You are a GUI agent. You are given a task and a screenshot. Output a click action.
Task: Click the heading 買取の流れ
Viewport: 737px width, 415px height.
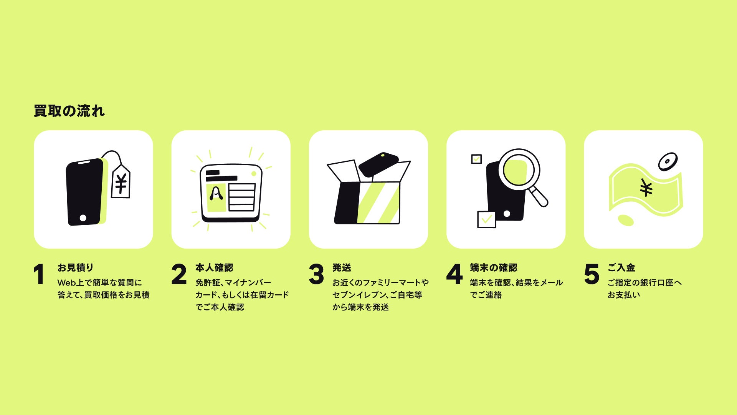pyautogui.click(x=69, y=111)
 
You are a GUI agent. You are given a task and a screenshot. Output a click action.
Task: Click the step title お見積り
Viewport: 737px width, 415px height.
pyautogui.click(x=76, y=267)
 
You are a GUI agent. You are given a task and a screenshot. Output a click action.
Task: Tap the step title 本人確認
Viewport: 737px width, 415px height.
pyautogui.click(x=214, y=267)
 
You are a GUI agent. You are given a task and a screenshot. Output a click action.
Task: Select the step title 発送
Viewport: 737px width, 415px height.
pyautogui.click(x=342, y=267)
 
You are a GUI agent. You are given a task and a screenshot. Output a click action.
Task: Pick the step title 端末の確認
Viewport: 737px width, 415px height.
pyautogui.click(x=494, y=267)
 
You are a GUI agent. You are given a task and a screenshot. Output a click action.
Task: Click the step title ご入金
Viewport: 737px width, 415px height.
pyautogui.click(x=621, y=267)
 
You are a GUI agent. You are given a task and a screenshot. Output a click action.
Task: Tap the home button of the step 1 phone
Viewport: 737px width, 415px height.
pyautogui.click(x=83, y=218)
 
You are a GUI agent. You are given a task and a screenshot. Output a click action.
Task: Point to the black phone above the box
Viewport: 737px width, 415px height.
pyautogui.click(x=378, y=164)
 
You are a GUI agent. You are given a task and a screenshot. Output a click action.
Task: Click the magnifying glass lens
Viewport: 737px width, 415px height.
pyautogui.click(x=519, y=169)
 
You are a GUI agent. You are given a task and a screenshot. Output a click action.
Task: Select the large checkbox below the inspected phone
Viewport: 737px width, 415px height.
pyautogui.click(x=486, y=219)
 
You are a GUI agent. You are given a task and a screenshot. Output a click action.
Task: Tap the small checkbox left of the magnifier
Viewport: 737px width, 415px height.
pyautogui.click(x=476, y=159)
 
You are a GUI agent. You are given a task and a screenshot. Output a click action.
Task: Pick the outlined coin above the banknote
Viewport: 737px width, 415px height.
pyautogui.click(x=668, y=162)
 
